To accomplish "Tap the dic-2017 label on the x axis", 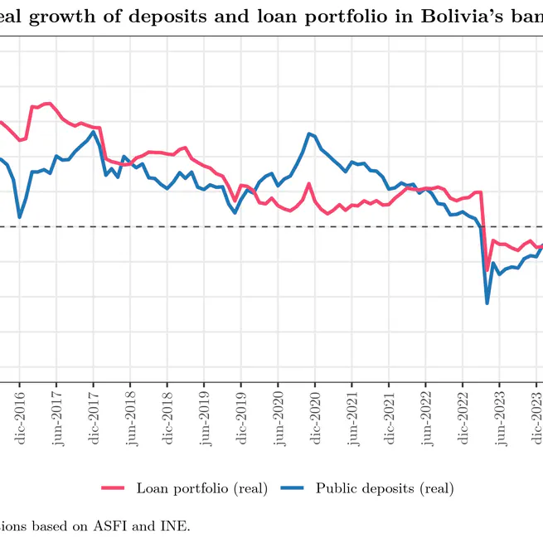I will (x=94, y=419).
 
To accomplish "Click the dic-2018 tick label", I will (x=167, y=419).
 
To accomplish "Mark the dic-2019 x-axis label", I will (x=241, y=419).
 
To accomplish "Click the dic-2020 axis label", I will (x=315, y=419).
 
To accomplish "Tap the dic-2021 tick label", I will (x=389, y=419).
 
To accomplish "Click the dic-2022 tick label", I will (x=463, y=419).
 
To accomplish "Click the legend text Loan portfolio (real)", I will (x=201, y=487).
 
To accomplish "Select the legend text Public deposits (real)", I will (x=384, y=487).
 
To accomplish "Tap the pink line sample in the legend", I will (x=113, y=487).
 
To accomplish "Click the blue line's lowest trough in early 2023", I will (x=487, y=303).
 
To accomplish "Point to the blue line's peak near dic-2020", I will (x=309, y=133).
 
